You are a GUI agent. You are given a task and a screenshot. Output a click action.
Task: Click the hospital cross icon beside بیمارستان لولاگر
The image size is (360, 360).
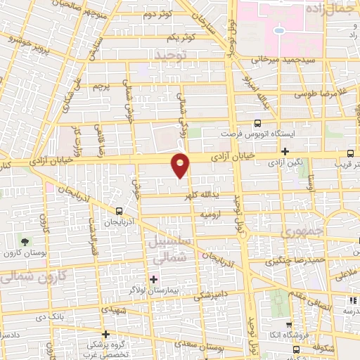[154, 280]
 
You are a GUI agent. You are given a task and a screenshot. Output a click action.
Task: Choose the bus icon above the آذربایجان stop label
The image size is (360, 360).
[118, 210]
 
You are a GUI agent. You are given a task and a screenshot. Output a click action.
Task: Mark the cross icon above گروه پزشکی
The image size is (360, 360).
[105, 334]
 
